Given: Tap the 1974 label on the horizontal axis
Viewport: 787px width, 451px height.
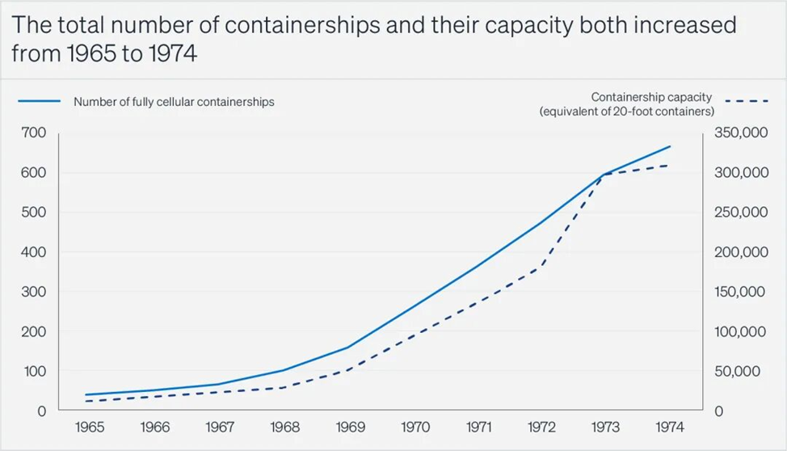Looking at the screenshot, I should coord(670,426).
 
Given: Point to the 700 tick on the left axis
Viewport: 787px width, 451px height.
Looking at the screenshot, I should coord(36,133).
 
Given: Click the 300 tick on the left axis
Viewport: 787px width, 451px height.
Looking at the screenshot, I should coord(36,292).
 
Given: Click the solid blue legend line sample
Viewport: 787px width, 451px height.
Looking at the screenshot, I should coord(40,102).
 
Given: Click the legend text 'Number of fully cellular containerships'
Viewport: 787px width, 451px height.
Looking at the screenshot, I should coord(174,102).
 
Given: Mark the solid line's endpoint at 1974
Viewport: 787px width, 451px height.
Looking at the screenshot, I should coord(671,146).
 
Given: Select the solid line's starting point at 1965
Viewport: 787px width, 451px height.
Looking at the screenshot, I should coord(86,395).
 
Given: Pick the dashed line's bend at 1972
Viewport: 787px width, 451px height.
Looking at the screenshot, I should coord(541,268).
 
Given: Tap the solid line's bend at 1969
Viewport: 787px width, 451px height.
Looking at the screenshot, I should coord(348,348).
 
